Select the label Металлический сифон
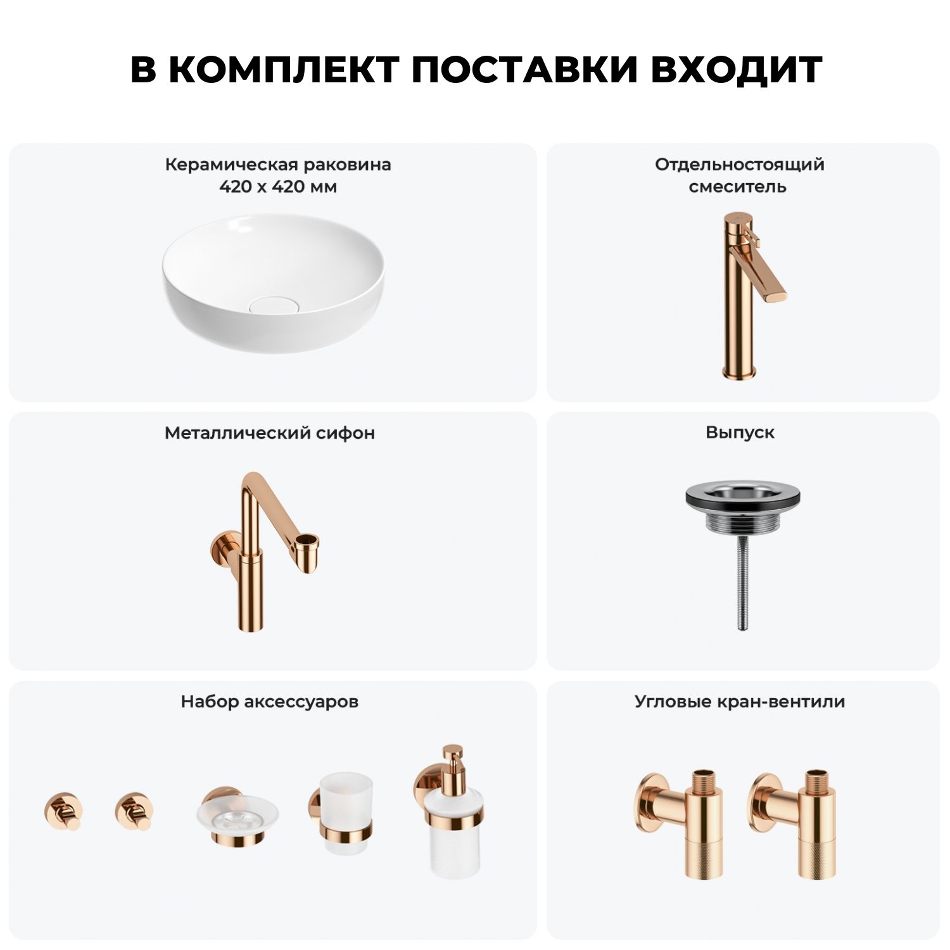click(270, 433)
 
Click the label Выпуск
click(740, 433)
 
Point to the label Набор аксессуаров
click(270, 702)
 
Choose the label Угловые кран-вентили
click(740, 702)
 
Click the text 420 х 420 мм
click(278, 187)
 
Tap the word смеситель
click(737, 187)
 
